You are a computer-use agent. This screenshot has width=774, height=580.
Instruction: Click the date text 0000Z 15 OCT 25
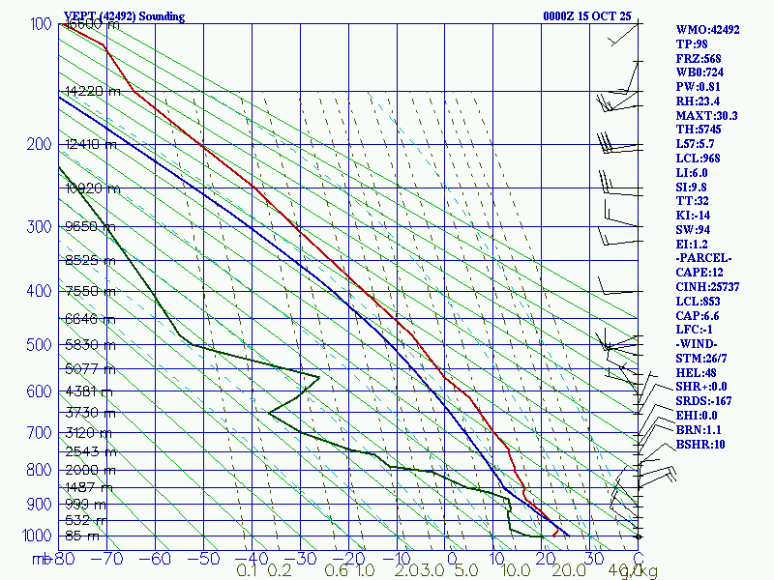pos(587,16)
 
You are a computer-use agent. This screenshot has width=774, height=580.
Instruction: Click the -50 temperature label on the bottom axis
pos(204,558)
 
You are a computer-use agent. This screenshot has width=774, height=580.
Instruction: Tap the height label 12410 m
pos(90,145)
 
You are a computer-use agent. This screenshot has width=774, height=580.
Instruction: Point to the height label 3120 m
pos(90,432)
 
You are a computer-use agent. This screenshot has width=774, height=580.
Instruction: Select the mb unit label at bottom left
pos(40,559)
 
